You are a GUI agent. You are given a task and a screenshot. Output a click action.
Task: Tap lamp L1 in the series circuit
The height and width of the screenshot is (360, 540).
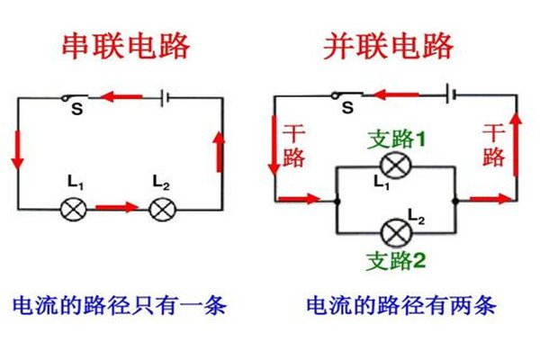(72, 210)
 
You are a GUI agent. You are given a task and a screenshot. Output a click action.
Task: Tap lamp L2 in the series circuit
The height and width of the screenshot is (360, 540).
(161, 210)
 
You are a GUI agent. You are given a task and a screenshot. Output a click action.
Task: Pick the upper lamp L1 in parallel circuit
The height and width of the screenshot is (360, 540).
(392, 166)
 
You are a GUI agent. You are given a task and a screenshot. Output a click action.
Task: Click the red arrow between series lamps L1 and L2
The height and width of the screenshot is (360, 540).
(117, 208)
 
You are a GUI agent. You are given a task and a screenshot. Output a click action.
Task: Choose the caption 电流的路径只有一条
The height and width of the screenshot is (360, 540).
(118, 306)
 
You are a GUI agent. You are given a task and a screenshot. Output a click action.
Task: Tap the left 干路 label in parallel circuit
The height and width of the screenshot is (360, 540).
(294, 144)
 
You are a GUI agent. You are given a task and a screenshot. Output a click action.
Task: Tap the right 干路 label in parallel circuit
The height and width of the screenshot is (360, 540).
(493, 144)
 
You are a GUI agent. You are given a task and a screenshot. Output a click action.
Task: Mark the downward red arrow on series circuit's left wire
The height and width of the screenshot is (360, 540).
(17, 152)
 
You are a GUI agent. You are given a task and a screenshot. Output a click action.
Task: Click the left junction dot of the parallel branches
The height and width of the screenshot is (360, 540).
(334, 200)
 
